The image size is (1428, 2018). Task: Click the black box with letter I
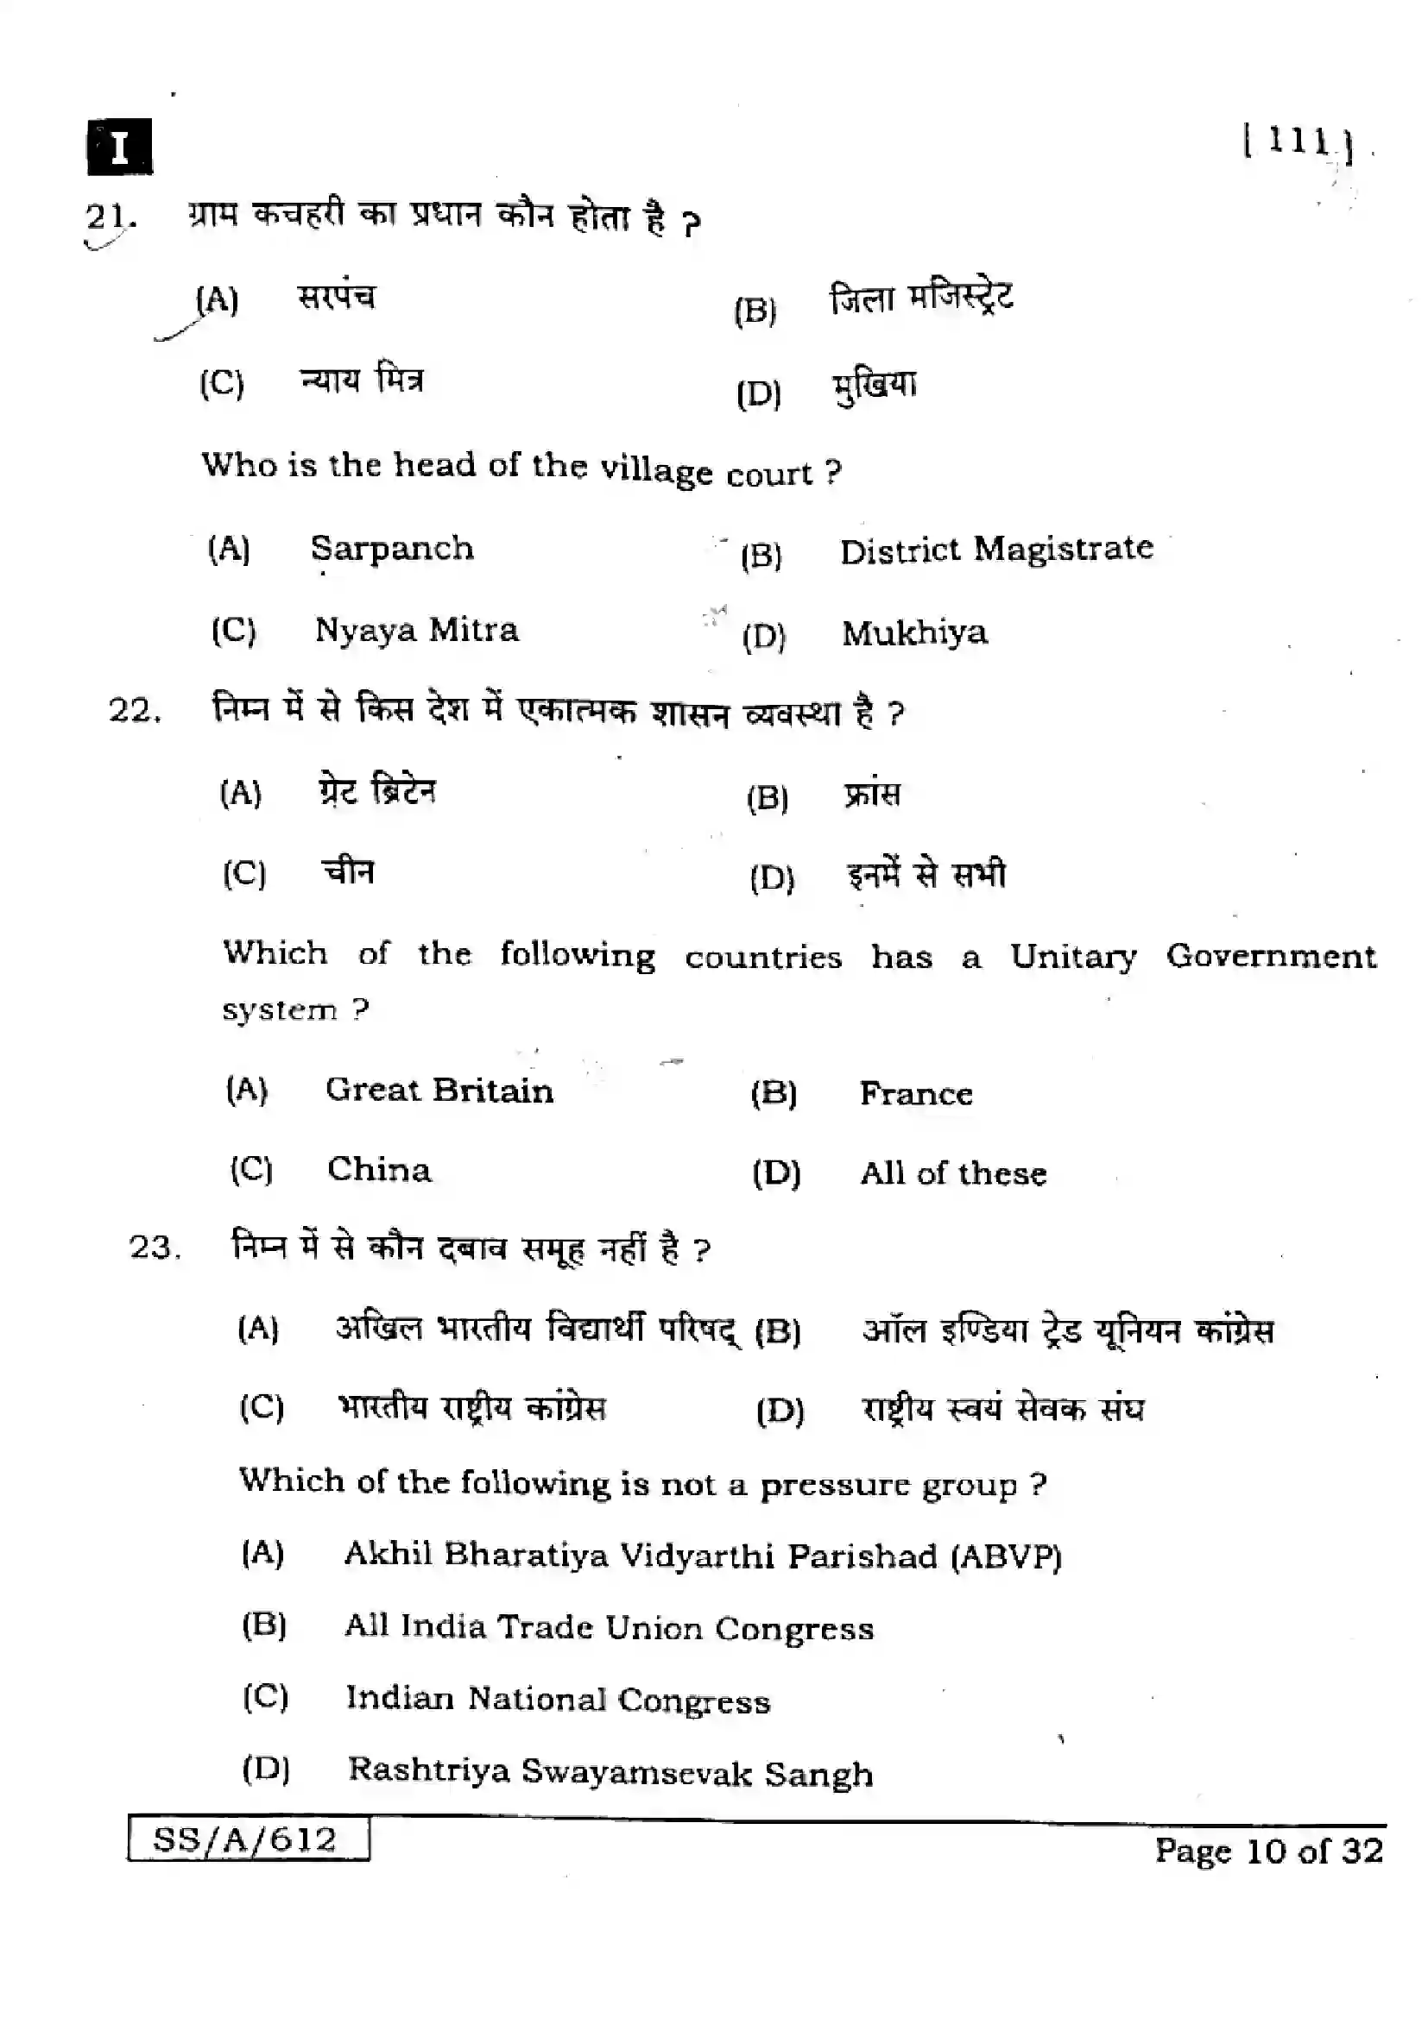120,147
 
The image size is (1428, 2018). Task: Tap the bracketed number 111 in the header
1298,141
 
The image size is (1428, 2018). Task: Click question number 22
135,710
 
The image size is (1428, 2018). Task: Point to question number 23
155,1248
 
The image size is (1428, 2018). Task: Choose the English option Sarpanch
391,549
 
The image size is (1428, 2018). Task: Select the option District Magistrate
996,550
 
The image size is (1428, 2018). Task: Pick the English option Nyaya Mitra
417,630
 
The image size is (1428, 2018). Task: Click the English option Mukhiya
914,632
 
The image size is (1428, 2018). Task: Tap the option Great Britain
439,1091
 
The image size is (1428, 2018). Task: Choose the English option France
915,1094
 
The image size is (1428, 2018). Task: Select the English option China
379,1170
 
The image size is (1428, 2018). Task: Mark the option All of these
953,1173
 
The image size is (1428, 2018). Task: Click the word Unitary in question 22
1073,956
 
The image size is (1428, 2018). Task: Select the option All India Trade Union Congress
610,1628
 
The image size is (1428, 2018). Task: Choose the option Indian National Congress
558,1700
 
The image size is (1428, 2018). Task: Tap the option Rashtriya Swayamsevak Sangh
610,1773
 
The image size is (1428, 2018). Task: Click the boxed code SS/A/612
245,1839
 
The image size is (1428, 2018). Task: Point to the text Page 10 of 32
1269,1850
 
